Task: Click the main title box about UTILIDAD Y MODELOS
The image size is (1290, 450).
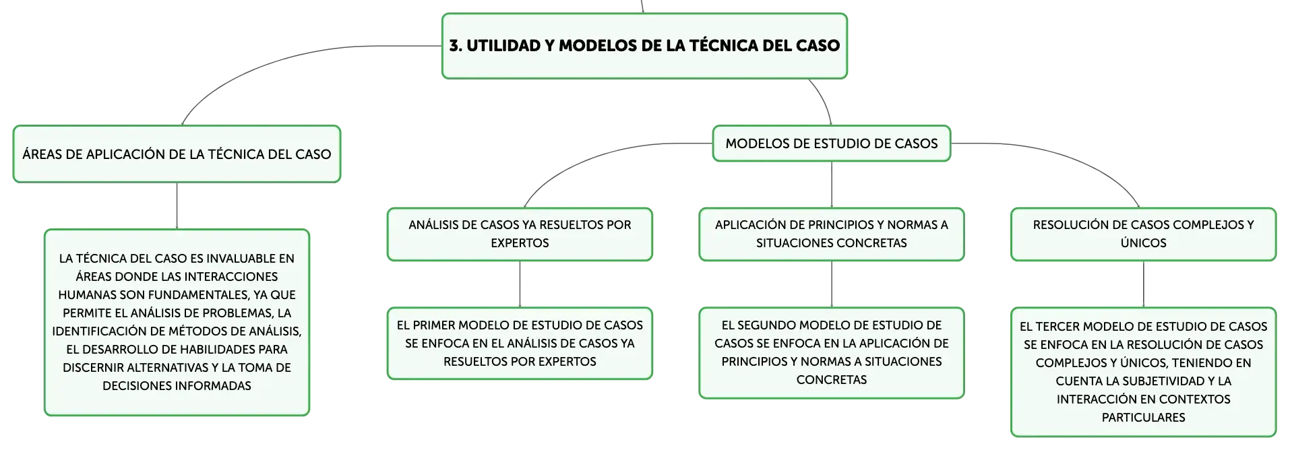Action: pyautogui.click(x=644, y=46)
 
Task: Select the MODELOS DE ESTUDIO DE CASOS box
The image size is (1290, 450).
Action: pyautogui.click(x=832, y=143)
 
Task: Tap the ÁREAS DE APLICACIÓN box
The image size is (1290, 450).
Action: pyautogui.click(x=177, y=154)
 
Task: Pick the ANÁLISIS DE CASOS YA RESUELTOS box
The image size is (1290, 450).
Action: pyautogui.click(x=520, y=234)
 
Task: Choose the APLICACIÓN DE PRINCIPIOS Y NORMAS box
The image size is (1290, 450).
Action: pyautogui.click(x=832, y=234)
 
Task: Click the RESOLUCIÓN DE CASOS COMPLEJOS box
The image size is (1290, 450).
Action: pyautogui.click(x=1143, y=234)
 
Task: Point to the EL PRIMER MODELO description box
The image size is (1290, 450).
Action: pyautogui.click(x=520, y=344)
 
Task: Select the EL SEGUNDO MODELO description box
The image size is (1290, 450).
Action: pyautogui.click(x=832, y=353)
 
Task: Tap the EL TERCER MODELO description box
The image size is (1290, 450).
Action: pyautogui.click(x=1143, y=372)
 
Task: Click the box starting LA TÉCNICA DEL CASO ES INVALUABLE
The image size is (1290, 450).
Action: pyautogui.click(x=177, y=322)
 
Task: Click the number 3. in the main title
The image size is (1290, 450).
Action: pyautogui.click(x=456, y=46)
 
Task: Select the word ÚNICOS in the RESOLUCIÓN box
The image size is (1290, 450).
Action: pyautogui.click(x=1143, y=243)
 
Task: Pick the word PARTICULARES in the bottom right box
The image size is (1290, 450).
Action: pyautogui.click(x=1143, y=418)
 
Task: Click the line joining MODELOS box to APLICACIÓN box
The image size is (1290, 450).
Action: pyautogui.click(x=832, y=185)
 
